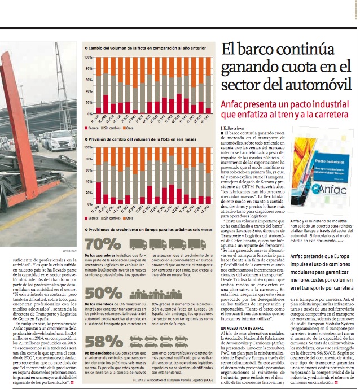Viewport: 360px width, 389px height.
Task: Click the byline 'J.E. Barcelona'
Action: coord(235,129)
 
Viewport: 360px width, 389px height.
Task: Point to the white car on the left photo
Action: coord(60,140)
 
